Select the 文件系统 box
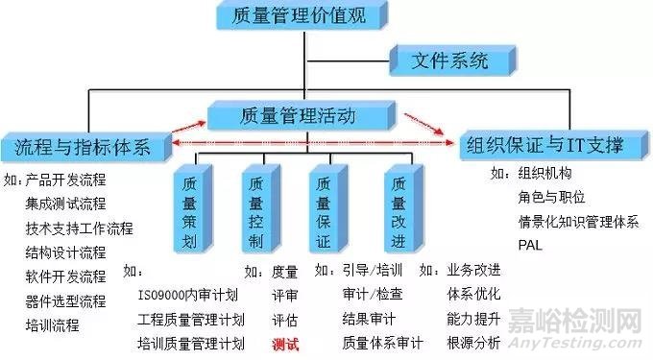(449, 60)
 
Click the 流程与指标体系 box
(85, 145)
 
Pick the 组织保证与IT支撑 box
(544, 146)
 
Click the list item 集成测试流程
(65, 204)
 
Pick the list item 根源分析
(473, 342)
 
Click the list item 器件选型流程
(65, 300)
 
